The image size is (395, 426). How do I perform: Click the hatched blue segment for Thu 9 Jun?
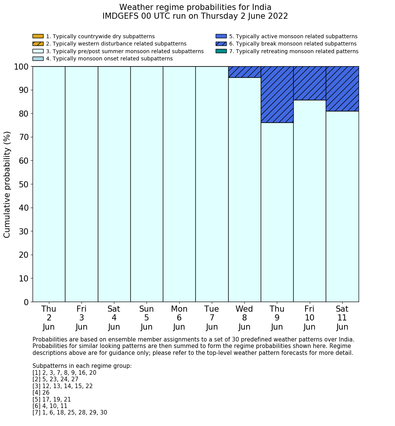point(277,94)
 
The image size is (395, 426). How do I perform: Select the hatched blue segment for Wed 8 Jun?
point(244,72)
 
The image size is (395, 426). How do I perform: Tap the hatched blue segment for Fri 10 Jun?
point(309,83)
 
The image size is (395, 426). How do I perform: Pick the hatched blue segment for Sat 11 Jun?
point(342,89)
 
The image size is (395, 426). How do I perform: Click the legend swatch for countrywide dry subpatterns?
point(38,36)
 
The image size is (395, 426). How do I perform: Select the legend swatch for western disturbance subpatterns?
point(38,44)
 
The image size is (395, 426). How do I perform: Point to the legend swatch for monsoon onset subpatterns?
point(38,59)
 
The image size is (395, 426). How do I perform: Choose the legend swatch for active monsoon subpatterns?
point(221,36)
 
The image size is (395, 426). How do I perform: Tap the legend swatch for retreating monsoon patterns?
point(221,51)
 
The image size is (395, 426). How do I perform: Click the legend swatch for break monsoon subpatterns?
point(221,44)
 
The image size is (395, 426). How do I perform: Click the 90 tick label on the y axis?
point(24,90)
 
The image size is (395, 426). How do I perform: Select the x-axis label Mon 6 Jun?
point(179,318)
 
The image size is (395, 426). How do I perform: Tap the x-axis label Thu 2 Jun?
point(49,318)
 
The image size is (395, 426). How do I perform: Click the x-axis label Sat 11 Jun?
point(342,318)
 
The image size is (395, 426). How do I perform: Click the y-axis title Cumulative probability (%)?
point(7,184)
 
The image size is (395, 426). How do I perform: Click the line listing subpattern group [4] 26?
point(41,393)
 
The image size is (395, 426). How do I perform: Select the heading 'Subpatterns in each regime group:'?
point(82,366)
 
